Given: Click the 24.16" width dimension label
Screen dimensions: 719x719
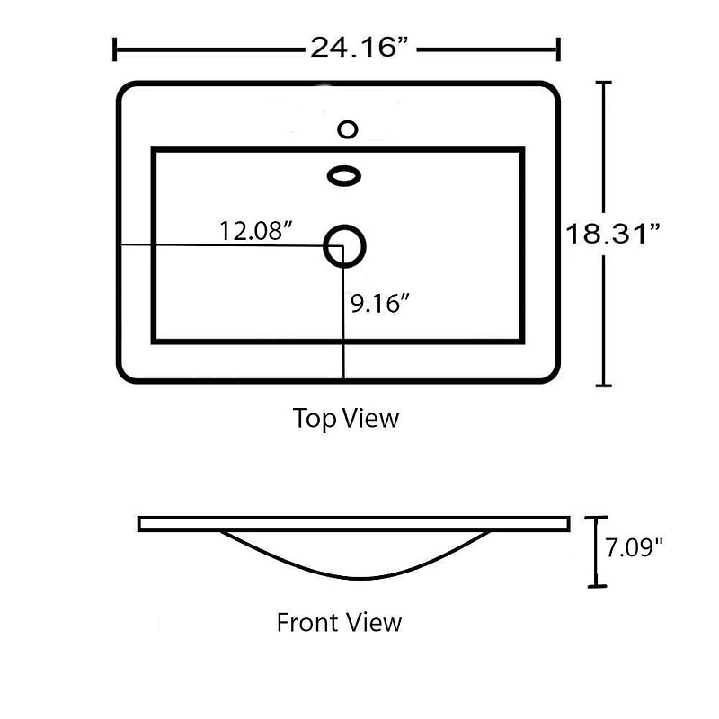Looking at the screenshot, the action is tap(359, 48).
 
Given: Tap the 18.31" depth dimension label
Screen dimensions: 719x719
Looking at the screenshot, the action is tap(613, 234).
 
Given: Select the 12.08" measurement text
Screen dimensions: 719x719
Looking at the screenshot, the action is tap(256, 231).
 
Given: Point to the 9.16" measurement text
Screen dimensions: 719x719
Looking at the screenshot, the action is tap(379, 303).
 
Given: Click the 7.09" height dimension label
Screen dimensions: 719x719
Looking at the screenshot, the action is tap(634, 547).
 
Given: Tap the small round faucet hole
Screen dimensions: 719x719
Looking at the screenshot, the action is tap(348, 129).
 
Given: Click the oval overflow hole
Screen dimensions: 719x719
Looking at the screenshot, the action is tap(344, 175).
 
